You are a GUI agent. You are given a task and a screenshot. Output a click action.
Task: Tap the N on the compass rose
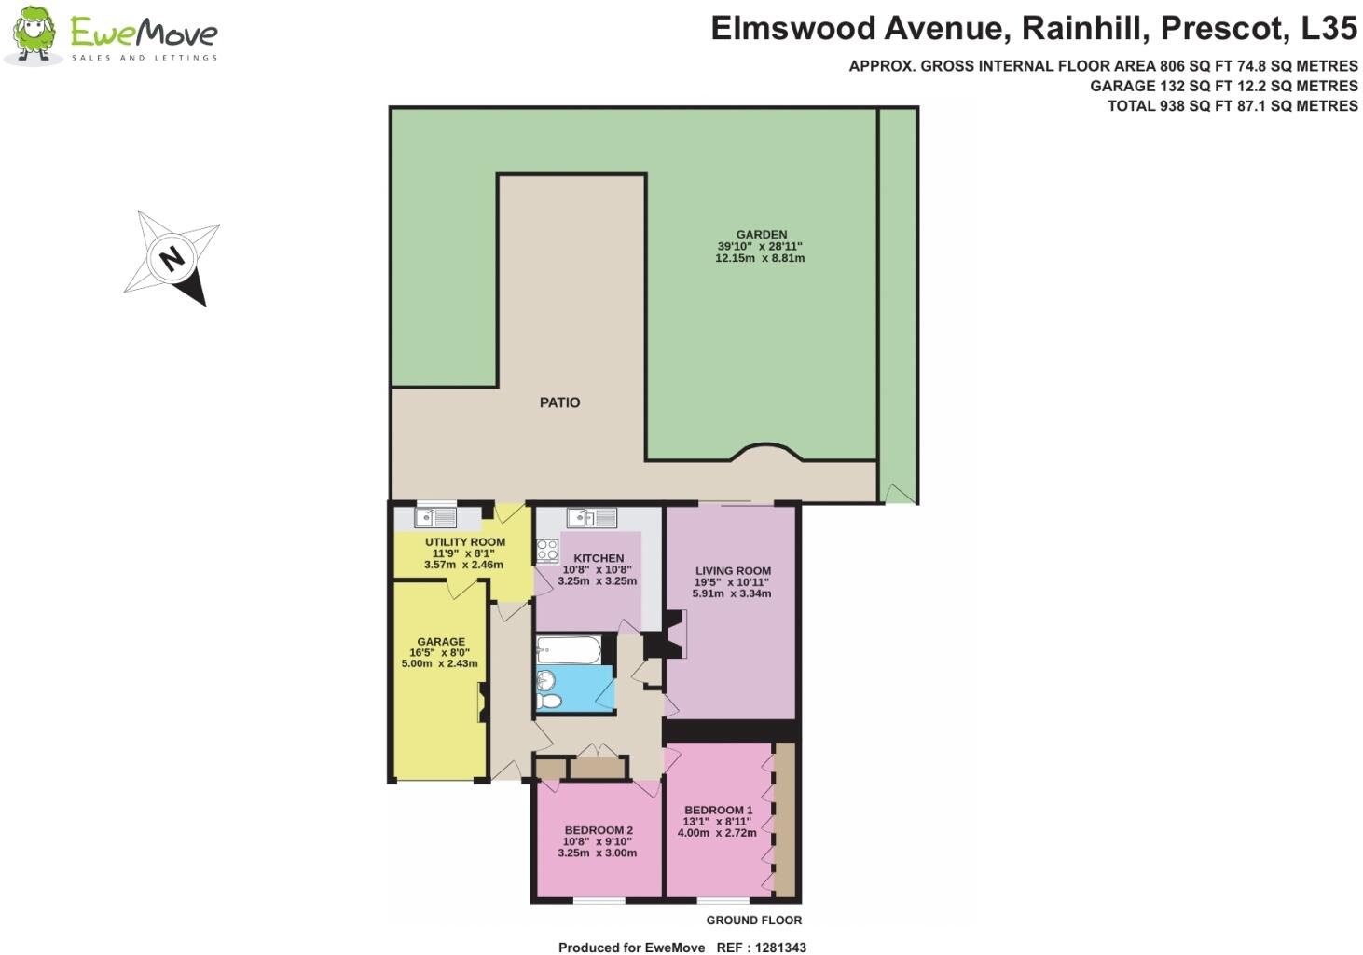point(172,257)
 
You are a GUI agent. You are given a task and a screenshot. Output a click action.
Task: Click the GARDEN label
point(761,235)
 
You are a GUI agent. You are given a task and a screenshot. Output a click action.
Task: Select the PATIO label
point(559,402)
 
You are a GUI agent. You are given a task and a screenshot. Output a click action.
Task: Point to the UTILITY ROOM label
point(465,542)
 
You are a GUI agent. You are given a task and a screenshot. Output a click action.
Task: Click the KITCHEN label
point(599,558)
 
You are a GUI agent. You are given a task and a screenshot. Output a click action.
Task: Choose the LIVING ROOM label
point(733,571)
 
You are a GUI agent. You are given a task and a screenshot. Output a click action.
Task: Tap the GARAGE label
point(441,642)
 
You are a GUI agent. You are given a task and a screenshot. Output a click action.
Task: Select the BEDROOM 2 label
point(599,831)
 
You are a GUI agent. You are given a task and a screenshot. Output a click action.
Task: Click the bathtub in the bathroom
point(570,649)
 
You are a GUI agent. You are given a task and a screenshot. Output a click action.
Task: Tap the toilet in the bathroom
point(550,700)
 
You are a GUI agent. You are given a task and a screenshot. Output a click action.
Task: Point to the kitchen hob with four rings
point(547,550)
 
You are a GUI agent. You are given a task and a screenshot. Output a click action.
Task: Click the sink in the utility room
point(435,516)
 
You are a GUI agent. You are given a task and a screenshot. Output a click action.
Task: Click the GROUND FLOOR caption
point(753,921)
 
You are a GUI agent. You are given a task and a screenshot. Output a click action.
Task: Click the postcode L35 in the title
point(1329,29)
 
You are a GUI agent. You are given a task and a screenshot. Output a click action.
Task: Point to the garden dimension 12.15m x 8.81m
point(760,258)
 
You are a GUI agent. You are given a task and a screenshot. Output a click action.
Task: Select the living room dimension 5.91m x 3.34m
point(732,593)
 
